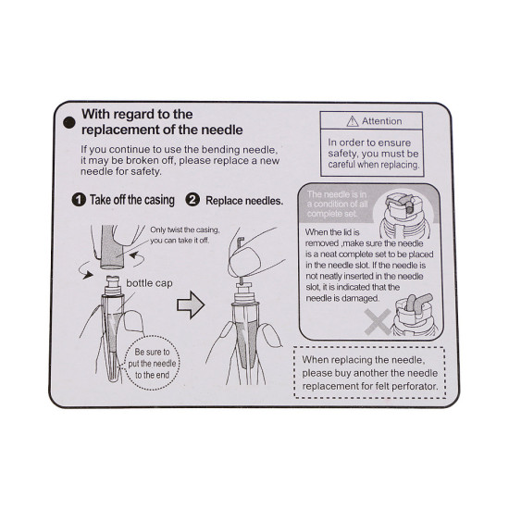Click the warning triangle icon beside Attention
click(x=353, y=121)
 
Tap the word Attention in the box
click(x=381, y=121)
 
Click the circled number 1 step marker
click(x=79, y=200)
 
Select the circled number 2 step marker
click(x=192, y=200)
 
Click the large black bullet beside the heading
click(x=69, y=123)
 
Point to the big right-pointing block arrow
click(x=191, y=304)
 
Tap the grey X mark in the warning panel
click(x=378, y=322)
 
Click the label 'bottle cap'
click(x=149, y=283)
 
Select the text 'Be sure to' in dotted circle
click(x=153, y=352)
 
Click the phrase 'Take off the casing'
click(x=132, y=200)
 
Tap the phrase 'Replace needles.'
click(x=244, y=201)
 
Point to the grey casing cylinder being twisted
click(x=112, y=248)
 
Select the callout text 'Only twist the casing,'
click(x=185, y=230)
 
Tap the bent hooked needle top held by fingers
click(x=241, y=242)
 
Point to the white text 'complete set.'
click(x=332, y=214)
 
